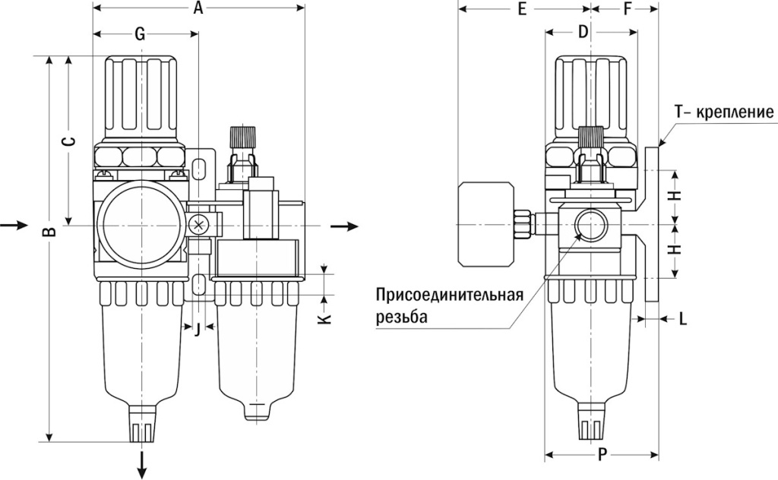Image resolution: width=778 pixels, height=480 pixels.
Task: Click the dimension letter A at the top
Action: pos(198,9)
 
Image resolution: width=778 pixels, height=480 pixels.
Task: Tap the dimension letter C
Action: pos(68,141)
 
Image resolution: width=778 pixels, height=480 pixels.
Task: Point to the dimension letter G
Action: pos(140,33)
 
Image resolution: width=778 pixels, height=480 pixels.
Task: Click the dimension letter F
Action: pos(627,9)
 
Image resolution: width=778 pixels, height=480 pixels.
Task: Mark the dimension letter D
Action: pos(583,32)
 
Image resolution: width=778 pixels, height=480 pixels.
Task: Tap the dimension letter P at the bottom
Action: pos(602,455)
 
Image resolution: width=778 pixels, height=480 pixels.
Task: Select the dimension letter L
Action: pos(683,320)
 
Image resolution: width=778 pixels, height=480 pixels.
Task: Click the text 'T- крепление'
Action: pos(724,113)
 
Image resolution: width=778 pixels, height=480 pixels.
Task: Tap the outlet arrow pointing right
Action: pos(346,226)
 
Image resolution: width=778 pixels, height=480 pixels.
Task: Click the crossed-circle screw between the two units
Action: pos(198,224)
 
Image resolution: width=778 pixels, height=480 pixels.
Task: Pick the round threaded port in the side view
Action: pos(587,224)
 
